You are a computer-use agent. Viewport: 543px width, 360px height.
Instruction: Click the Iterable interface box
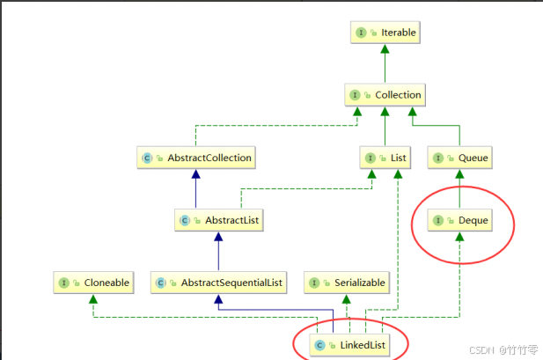click(x=385, y=33)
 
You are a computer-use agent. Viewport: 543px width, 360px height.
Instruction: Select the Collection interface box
click(x=385, y=94)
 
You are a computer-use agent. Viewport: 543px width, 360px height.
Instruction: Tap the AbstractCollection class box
click(x=196, y=158)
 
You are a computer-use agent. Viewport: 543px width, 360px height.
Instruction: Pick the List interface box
click(x=385, y=158)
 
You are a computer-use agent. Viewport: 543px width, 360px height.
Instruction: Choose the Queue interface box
click(x=458, y=158)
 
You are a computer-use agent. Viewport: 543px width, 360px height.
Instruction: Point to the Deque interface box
click(x=459, y=220)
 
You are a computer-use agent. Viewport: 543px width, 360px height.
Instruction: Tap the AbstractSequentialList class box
click(x=218, y=283)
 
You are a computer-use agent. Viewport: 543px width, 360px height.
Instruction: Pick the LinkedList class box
click(x=349, y=344)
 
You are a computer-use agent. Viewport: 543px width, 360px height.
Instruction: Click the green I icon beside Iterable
click(x=360, y=33)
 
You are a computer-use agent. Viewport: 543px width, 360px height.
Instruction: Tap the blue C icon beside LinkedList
click(x=319, y=344)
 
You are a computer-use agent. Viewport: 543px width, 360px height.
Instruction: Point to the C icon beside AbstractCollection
click(x=146, y=158)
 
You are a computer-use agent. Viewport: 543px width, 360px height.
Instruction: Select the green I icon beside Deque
click(x=437, y=220)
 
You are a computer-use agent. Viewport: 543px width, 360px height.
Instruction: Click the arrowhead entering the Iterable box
click(x=385, y=48)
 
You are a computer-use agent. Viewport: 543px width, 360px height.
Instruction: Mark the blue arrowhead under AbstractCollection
click(x=195, y=174)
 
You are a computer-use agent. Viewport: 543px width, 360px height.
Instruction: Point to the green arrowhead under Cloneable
click(x=92, y=298)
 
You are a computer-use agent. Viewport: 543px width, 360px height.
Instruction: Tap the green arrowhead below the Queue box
click(x=458, y=174)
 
